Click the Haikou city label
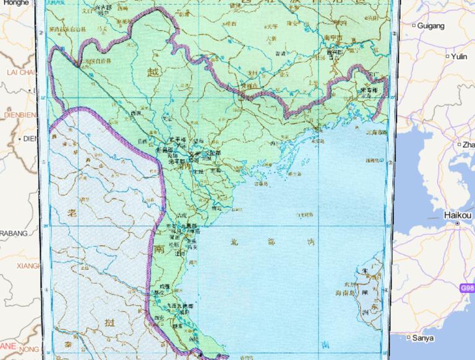(458, 215)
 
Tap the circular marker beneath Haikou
(458, 223)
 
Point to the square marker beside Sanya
(409, 338)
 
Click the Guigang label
(430, 26)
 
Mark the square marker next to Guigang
(413, 26)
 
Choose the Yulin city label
(458, 56)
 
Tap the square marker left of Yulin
(447, 56)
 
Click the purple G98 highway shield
(468, 288)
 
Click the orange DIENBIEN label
(17, 114)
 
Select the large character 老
(72, 213)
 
